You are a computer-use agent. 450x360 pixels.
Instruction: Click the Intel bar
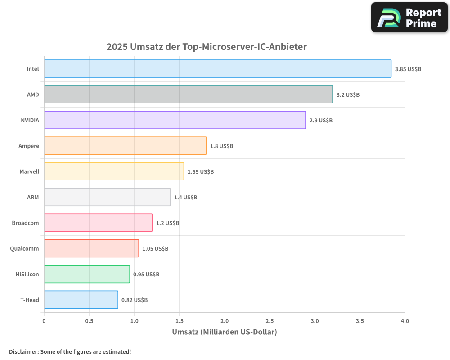217,69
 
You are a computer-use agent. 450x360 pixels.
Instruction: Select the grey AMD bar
188,94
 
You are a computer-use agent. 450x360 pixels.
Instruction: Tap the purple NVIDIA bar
175,120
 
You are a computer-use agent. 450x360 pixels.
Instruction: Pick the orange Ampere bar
125,146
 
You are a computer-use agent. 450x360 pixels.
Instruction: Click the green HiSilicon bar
87,274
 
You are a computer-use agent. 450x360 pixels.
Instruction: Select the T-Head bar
81,300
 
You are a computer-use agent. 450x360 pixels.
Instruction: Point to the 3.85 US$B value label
408,69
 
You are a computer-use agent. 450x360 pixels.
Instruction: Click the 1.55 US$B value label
201,172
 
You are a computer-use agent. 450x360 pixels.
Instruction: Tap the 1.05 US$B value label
155,249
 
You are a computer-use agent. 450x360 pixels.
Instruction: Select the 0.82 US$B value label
135,300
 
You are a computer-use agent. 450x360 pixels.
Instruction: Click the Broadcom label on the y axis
25,223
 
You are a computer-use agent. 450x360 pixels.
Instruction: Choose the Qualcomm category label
24,248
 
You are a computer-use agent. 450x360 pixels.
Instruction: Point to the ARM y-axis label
33,197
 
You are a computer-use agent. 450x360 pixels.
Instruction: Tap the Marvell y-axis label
29,171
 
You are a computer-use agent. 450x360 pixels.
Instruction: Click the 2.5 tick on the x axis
270,321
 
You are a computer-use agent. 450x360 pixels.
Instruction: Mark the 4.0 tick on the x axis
405,321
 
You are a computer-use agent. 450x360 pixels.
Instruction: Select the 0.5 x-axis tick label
89,321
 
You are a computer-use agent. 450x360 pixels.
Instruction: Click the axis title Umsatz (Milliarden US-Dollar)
225,332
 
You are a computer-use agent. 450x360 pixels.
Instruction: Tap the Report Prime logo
409,18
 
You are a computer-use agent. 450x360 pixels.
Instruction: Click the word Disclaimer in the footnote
23,351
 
